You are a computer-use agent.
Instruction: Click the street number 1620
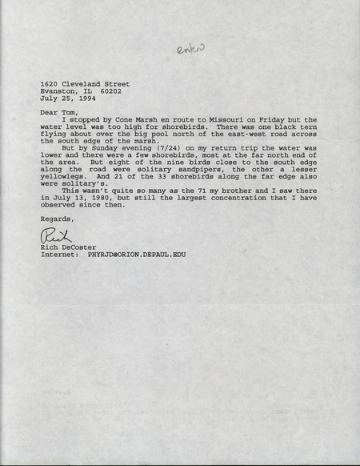pos(50,83)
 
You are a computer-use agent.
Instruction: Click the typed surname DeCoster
pos(78,248)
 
